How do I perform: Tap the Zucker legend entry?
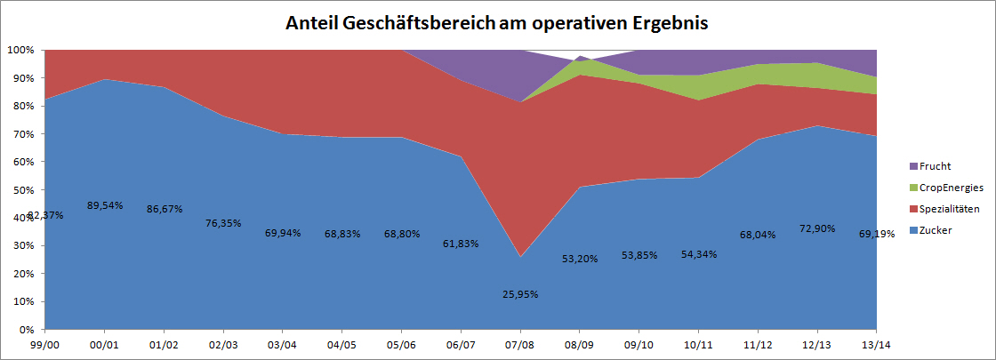[939, 231]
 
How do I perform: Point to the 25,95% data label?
[519, 294]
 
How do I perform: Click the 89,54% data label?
[104, 205]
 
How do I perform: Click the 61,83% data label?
[461, 244]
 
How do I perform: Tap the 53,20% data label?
[579, 259]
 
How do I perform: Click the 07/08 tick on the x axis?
[519, 344]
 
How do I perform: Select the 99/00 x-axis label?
[45, 344]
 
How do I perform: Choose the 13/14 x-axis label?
[876, 344]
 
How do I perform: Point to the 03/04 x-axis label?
[283, 344]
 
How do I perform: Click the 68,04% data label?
[757, 236]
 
